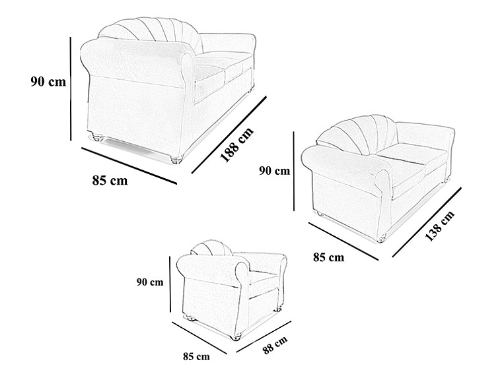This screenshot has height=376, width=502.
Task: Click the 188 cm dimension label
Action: click(x=237, y=145)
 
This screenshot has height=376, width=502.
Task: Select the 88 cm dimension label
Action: click(x=275, y=344)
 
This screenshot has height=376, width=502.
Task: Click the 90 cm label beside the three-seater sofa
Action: click(x=48, y=82)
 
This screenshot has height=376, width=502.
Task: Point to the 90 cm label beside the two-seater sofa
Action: click(x=274, y=171)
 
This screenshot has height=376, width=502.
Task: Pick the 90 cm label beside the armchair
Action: click(x=150, y=282)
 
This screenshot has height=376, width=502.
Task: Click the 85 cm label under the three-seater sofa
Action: click(x=110, y=180)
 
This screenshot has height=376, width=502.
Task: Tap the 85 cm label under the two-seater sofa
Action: click(x=328, y=257)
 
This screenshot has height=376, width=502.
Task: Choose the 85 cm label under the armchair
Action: click(x=196, y=356)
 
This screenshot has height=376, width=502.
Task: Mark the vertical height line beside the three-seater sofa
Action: click(x=71, y=88)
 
